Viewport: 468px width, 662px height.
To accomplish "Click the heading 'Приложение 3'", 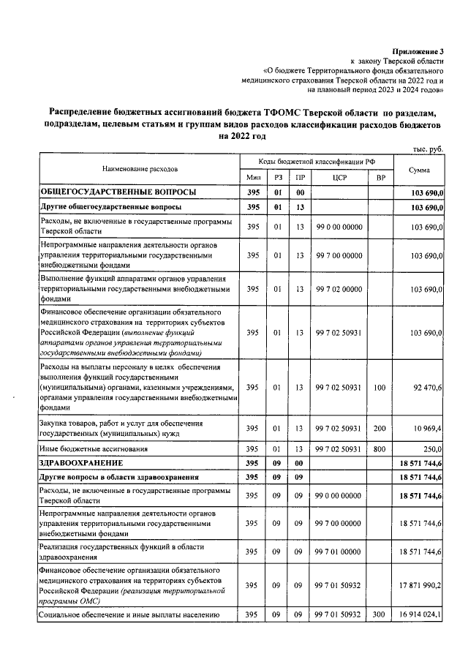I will [418, 52].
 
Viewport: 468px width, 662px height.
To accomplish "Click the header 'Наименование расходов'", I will [140, 169].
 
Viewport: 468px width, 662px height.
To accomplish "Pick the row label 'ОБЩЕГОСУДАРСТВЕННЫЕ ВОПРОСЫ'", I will [118, 192].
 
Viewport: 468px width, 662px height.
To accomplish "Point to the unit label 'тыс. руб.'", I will [428, 149].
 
